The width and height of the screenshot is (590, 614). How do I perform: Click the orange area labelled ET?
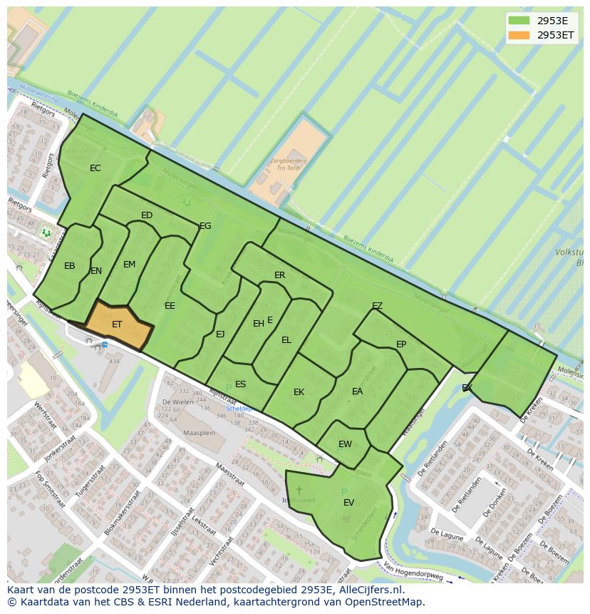click(x=118, y=324)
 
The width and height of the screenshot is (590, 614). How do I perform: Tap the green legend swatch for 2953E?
click(x=519, y=21)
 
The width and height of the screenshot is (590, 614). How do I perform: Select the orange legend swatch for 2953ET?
click(x=519, y=35)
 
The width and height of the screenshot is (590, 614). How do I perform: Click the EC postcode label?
click(x=95, y=168)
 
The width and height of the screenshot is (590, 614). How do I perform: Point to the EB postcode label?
click(x=69, y=266)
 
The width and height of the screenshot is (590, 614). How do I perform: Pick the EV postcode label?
click(x=348, y=503)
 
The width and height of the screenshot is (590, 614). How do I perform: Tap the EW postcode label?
click(x=345, y=444)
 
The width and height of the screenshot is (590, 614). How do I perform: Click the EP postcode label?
click(x=401, y=344)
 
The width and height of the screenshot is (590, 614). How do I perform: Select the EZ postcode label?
click(x=377, y=306)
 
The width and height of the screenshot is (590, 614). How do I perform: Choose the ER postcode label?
click(x=279, y=275)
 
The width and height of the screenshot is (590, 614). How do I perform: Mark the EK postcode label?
click(x=299, y=392)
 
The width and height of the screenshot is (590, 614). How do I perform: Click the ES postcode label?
click(x=240, y=384)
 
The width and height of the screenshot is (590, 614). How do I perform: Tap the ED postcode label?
click(x=147, y=215)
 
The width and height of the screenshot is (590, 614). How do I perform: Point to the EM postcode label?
click(x=129, y=265)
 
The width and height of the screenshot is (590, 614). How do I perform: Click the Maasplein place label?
click(x=199, y=433)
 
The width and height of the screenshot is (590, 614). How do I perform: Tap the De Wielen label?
click(x=177, y=401)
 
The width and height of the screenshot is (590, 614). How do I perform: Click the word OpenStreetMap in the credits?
click(x=388, y=602)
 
